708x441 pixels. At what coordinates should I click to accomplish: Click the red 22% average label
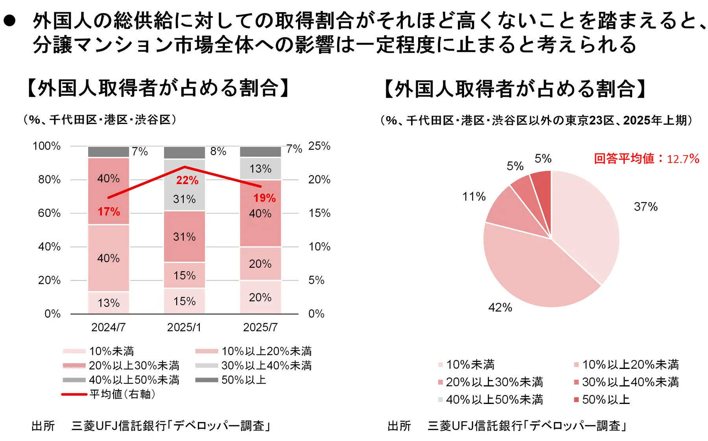point(187,180)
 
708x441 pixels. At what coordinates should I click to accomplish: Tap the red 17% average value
point(109,212)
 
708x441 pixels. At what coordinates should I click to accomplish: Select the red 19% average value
point(264,198)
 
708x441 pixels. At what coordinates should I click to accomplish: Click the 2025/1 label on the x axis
point(184,327)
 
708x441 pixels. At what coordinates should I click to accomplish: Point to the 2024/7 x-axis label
point(108,327)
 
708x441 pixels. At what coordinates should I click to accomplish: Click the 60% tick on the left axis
point(49,213)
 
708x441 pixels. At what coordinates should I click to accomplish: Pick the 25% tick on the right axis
point(319,146)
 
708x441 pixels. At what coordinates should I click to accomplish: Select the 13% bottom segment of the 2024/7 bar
point(109,303)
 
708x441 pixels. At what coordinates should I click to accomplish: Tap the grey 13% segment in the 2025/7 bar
point(260,169)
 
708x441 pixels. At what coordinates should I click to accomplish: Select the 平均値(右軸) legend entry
point(122,394)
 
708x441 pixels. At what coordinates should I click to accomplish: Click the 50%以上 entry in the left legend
point(243,380)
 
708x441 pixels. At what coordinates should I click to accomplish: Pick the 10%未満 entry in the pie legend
point(470,365)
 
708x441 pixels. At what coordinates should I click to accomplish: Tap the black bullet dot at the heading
point(9,21)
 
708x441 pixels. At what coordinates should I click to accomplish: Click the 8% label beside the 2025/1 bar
point(218,152)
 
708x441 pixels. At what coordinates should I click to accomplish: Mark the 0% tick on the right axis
point(316,314)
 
